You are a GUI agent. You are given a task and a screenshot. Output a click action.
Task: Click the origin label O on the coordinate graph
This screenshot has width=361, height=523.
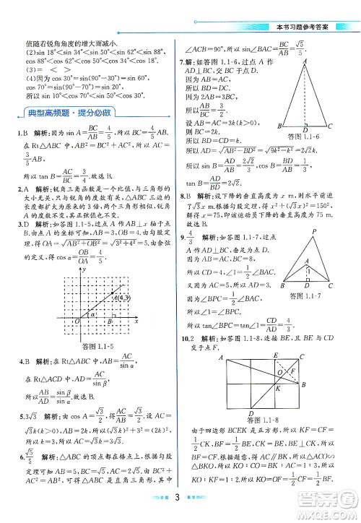[x=77, y=321]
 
